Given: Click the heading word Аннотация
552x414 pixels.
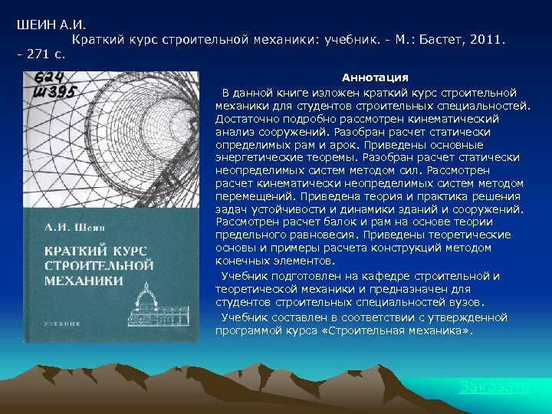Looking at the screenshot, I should pos(375,78).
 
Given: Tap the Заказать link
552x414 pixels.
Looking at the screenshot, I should pos(495,387).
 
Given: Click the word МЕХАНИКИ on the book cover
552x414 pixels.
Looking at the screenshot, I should pos(84,280).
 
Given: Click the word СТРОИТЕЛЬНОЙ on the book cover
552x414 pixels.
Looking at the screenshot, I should pos(100,265).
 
